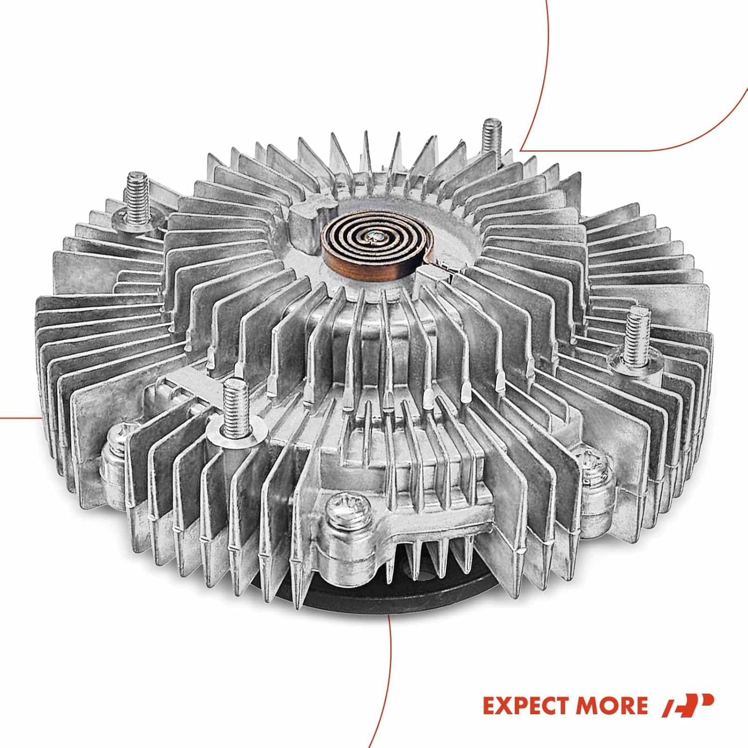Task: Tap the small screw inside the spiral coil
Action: click(x=374, y=240)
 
